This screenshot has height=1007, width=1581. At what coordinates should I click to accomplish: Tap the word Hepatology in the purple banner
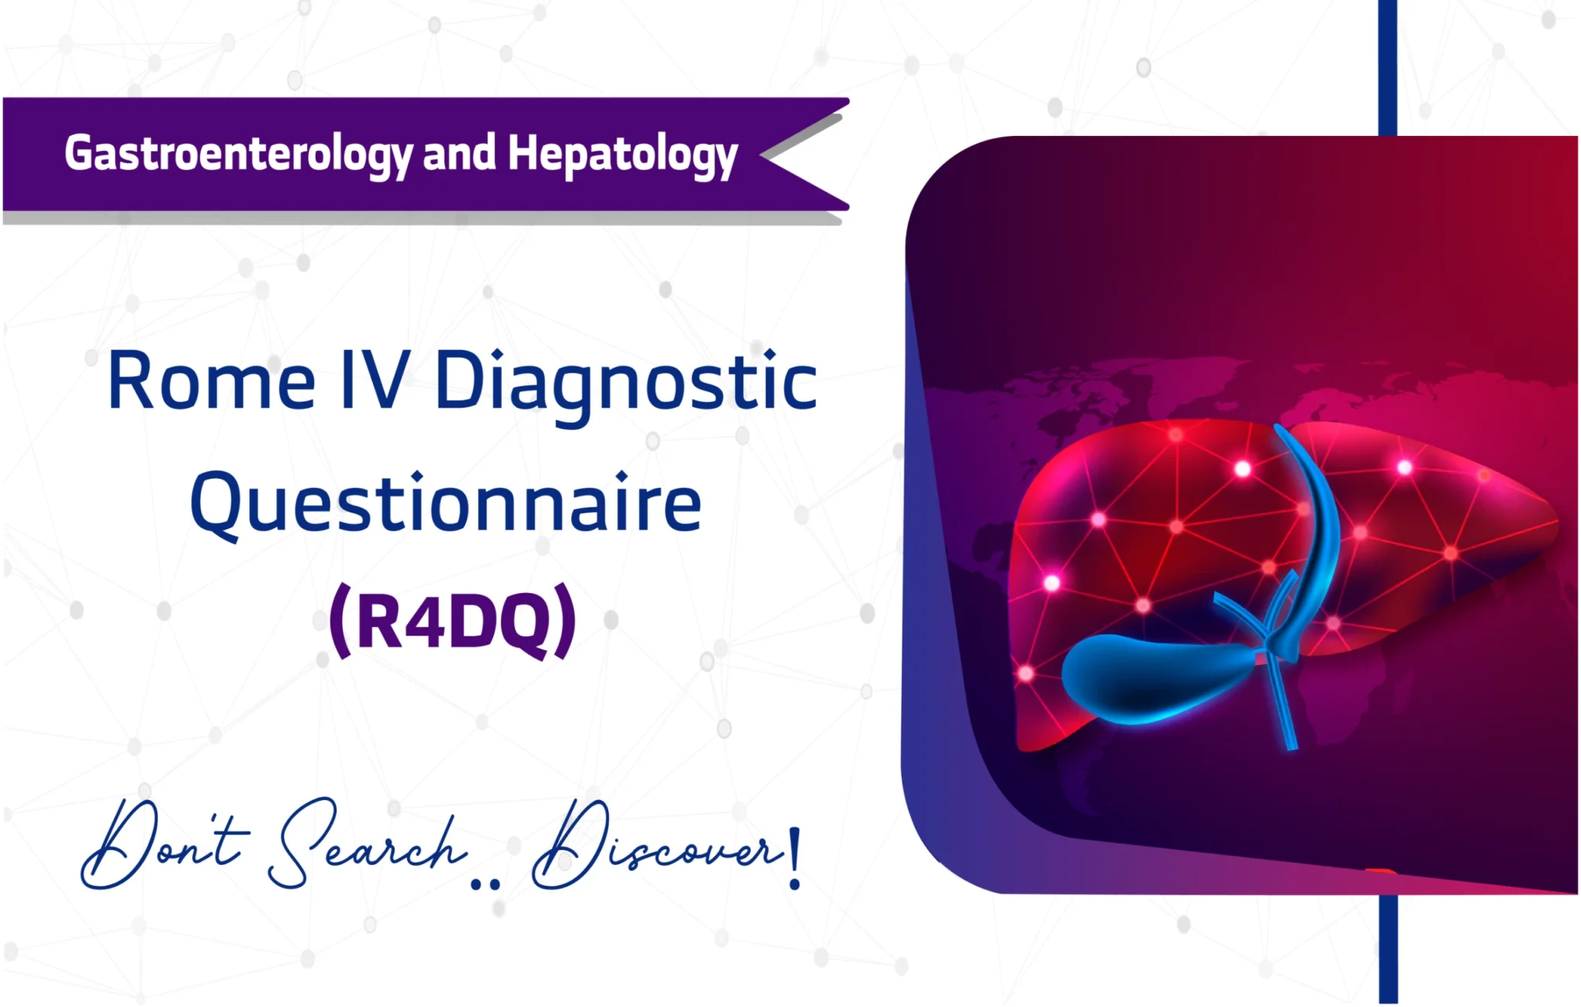coord(622,154)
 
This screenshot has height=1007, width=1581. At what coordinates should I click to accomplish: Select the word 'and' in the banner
coord(459,152)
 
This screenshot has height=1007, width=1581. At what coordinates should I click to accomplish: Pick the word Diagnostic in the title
coord(625,382)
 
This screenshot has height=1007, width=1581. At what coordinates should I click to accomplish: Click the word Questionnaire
coord(445,503)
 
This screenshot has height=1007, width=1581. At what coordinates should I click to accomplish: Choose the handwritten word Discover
coord(656,846)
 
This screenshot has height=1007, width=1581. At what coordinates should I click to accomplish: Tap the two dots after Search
coord(485,885)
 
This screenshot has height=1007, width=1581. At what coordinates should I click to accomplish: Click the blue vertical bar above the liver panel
coord(1387,66)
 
